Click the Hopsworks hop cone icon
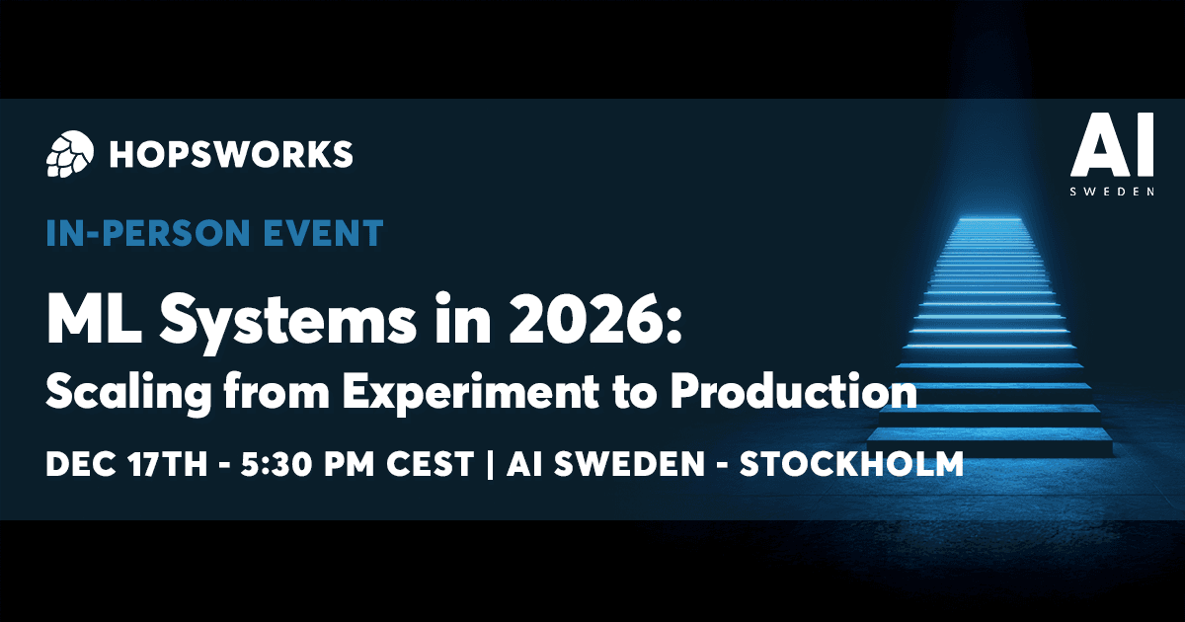click(x=69, y=152)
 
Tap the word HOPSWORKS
click(x=232, y=153)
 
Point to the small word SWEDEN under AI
click(x=1112, y=192)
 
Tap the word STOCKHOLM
click(x=851, y=464)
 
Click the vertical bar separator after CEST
click(x=490, y=464)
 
